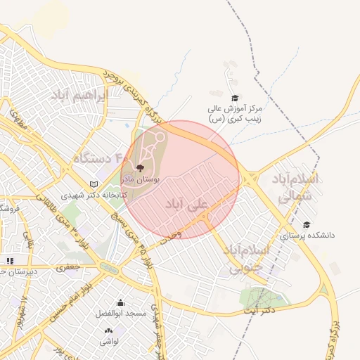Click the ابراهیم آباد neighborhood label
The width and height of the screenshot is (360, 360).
point(81,95)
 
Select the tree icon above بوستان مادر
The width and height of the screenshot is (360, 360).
point(139,168)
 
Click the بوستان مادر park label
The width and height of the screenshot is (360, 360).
point(141,179)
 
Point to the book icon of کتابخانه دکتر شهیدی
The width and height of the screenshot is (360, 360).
point(94,185)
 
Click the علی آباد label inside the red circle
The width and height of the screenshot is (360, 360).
point(187,205)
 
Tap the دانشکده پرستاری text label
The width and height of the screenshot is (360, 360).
point(307,235)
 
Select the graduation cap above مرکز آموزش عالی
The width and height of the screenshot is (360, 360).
point(235,98)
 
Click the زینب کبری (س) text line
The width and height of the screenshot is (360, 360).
point(234,120)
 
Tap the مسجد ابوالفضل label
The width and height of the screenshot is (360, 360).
point(120,313)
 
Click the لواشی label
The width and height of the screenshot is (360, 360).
point(109,340)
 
